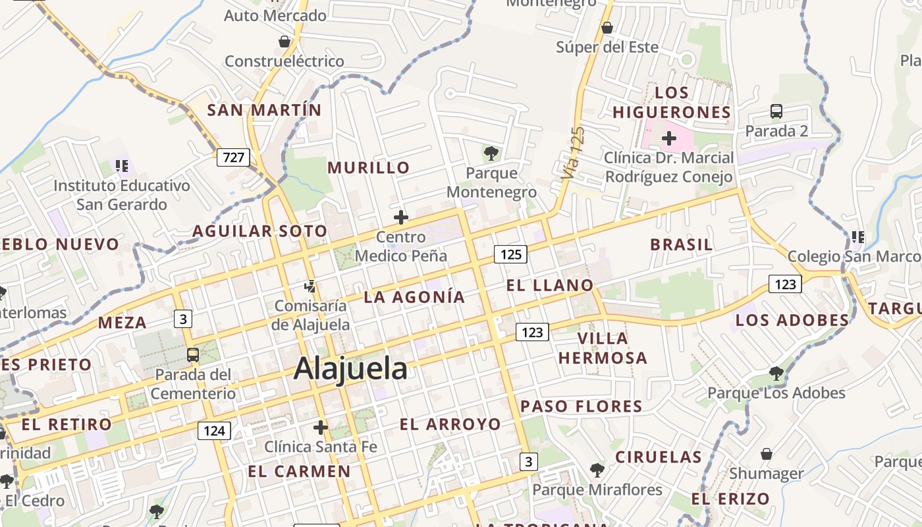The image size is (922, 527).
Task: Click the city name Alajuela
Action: [350, 368]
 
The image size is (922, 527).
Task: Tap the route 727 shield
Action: [233, 157]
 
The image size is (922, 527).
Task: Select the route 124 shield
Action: [214, 431]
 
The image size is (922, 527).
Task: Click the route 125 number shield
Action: [511, 254]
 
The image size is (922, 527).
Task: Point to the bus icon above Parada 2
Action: [776, 111]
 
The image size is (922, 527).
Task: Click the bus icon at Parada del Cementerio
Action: [193, 354]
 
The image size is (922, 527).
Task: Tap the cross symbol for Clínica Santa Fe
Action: [321, 428]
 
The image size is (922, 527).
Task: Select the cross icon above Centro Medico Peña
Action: [400, 217]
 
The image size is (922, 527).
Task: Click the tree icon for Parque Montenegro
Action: [491, 154]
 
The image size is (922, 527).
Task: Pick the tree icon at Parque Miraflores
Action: [597, 470]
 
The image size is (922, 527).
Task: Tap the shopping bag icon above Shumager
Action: [766, 454]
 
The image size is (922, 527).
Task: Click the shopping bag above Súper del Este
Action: [607, 28]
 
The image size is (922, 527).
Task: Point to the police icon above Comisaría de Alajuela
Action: [310, 287]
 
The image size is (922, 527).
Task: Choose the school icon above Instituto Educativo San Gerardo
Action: [121, 166]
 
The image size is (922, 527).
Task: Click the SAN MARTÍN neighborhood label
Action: [264, 110]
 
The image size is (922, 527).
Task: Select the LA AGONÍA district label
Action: [414, 297]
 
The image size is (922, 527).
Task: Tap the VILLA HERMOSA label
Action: [603, 348]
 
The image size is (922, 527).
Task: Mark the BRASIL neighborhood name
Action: [681, 244]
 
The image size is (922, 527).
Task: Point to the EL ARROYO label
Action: [450, 424]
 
